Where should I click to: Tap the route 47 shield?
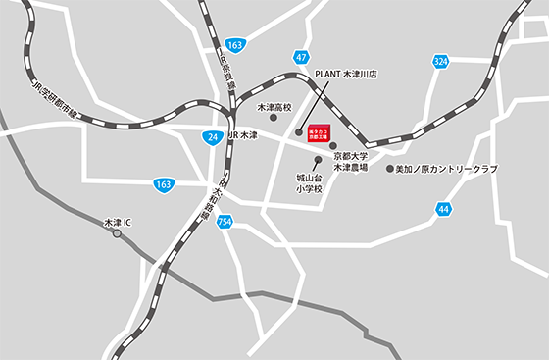301,58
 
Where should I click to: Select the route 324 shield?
441,61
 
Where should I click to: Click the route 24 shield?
215,136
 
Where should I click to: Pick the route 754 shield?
225,222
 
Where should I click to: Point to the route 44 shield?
445,209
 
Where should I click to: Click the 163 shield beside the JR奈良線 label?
234,45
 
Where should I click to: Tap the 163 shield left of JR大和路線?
164,183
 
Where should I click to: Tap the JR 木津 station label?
242,135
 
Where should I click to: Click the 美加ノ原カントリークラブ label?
446,169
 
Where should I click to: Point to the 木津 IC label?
125,223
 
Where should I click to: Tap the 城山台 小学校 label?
311,183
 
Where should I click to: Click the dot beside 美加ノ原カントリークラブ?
388,169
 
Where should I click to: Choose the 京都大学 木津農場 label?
349,162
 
